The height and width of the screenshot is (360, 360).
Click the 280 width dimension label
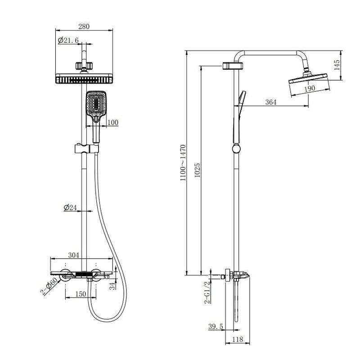84,27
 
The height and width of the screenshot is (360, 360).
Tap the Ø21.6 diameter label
68,40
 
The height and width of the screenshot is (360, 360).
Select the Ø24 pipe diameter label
70,207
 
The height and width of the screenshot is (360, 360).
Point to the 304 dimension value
73,255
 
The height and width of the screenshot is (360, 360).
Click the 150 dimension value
81,294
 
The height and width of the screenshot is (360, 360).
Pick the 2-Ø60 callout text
49,286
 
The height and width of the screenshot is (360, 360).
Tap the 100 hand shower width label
113,122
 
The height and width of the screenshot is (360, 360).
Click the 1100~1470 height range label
183,162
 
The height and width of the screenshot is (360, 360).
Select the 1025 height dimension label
197,170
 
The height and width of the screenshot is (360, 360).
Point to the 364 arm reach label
271,102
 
